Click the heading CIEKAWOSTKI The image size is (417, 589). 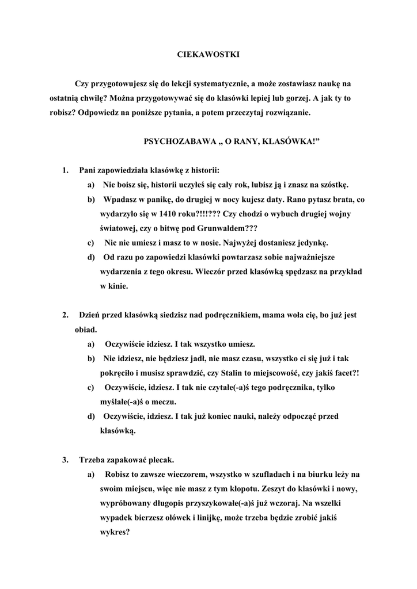click(x=207, y=55)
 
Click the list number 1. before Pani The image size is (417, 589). click(x=66, y=170)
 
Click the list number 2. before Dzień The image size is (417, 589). click(x=66, y=315)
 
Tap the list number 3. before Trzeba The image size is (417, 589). click(x=66, y=460)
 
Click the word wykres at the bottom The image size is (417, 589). click(x=113, y=533)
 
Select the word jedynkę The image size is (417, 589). click(x=328, y=243)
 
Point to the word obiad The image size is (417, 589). click(x=85, y=330)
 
